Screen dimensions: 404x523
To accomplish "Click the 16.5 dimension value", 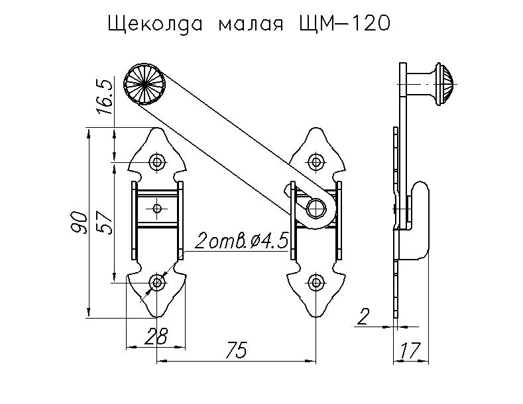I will pyautogui.click(x=105, y=97).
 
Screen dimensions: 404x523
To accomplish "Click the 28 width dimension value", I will pyautogui.click(x=155, y=336).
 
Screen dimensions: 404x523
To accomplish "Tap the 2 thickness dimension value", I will pyautogui.click(x=363, y=317).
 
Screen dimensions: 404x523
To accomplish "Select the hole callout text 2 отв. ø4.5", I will pyautogui.click(x=241, y=241).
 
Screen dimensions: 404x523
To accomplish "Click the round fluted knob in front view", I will pyautogui.click(x=144, y=85).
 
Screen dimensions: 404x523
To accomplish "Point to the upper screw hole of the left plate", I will pyautogui.click(x=157, y=162).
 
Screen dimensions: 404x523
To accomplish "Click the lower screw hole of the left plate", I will pyautogui.click(x=157, y=283).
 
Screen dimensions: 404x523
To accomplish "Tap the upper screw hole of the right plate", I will pyautogui.click(x=315, y=162).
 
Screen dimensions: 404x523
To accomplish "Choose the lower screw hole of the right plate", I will pyautogui.click(x=315, y=283).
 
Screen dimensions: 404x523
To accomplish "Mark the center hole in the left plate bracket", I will pyautogui.click(x=157, y=209).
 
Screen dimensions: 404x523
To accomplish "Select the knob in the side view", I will pyautogui.click(x=437, y=83).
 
